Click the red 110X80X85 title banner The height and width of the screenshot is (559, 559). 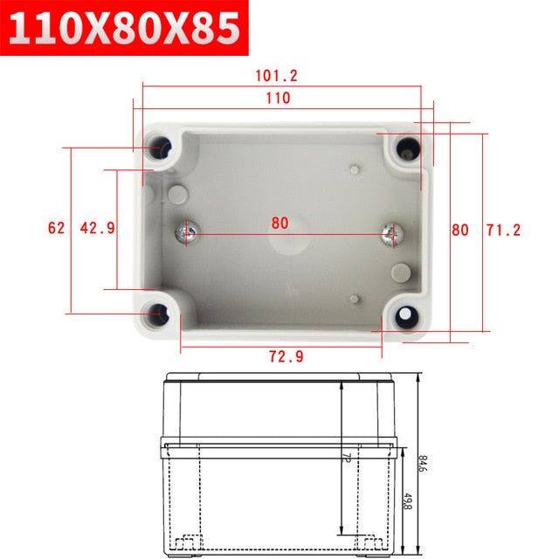[x=125, y=28]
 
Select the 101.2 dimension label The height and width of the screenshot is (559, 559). [x=278, y=76]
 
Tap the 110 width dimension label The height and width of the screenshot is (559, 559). [x=278, y=99]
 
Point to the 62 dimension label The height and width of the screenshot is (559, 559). [x=56, y=228]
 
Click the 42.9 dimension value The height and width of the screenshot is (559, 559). [x=97, y=228]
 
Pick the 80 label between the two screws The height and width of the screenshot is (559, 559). [x=279, y=223]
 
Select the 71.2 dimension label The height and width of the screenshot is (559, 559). [x=503, y=231]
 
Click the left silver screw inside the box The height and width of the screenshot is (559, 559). [x=187, y=233]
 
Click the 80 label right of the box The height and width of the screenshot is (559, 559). [x=460, y=231]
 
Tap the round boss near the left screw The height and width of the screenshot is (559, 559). [x=176, y=194]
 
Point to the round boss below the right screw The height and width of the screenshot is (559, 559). [x=401, y=272]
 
